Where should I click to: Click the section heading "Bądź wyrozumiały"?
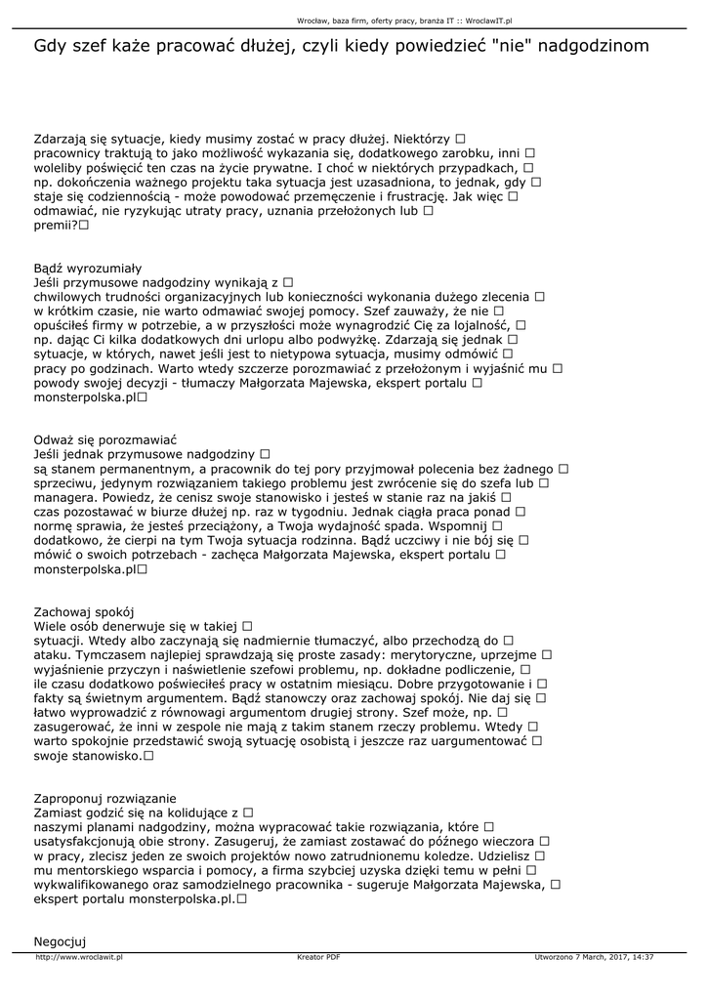(x=88, y=268)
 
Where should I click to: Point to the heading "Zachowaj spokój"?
(x=83, y=611)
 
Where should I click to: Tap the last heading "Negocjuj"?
(x=61, y=940)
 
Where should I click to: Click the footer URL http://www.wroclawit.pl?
(x=79, y=958)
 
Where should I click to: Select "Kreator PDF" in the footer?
(x=318, y=958)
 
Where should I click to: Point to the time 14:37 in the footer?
(x=643, y=958)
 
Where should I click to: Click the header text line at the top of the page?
(x=404, y=19)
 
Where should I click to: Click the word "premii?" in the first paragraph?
(x=56, y=225)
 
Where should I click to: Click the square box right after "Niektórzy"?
(x=460, y=139)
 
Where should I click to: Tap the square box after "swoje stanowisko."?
(x=149, y=756)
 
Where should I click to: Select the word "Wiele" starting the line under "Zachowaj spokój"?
(x=52, y=626)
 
